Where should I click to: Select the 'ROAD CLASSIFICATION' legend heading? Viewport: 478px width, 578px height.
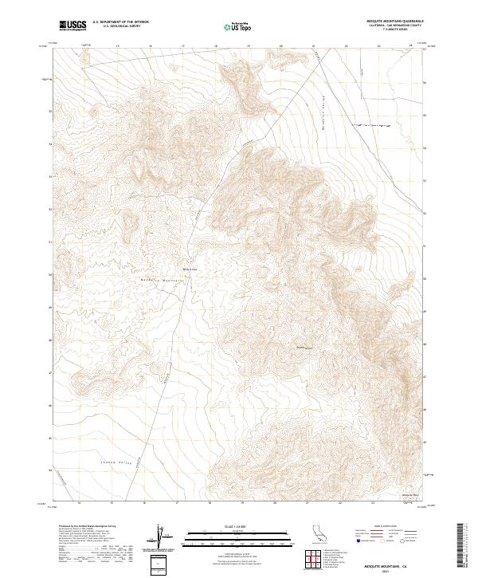[x=390, y=527]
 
